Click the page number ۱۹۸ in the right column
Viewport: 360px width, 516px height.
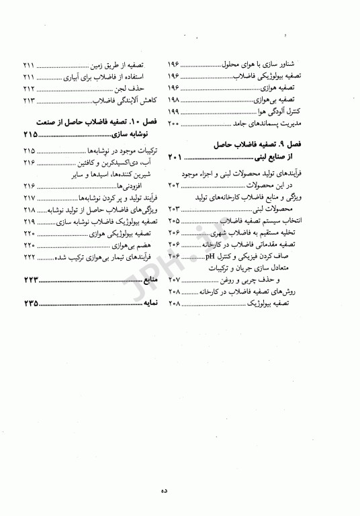pos(173,99)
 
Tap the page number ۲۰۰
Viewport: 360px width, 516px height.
pos(173,124)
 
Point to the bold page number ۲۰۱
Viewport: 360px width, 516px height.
pos(175,157)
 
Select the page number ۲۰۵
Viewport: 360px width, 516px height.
pos(173,220)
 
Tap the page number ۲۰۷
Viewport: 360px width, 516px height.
pos(173,279)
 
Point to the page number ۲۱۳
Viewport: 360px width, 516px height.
pos(28,99)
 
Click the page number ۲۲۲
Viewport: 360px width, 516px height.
pos(28,258)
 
